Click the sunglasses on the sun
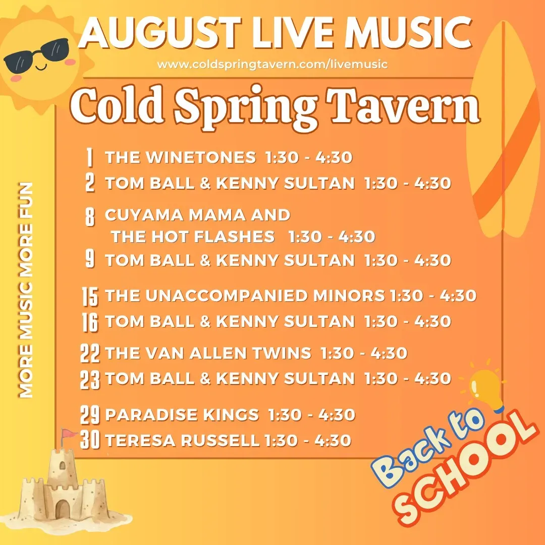[x=37, y=55]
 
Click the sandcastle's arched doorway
[x=62, y=509]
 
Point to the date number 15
[x=90, y=297]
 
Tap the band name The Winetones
[x=180, y=157]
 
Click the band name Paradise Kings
[x=182, y=414]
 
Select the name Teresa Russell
[x=182, y=441]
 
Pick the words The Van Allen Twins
[x=208, y=353]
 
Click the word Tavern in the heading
[x=403, y=104]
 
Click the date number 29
[x=90, y=415]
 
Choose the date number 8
[x=90, y=217]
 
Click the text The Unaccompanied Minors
[x=245, y=296]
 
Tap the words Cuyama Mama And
[x=197, y=215]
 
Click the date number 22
[x=90, y=353]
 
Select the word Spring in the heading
[x=245, y=108]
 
